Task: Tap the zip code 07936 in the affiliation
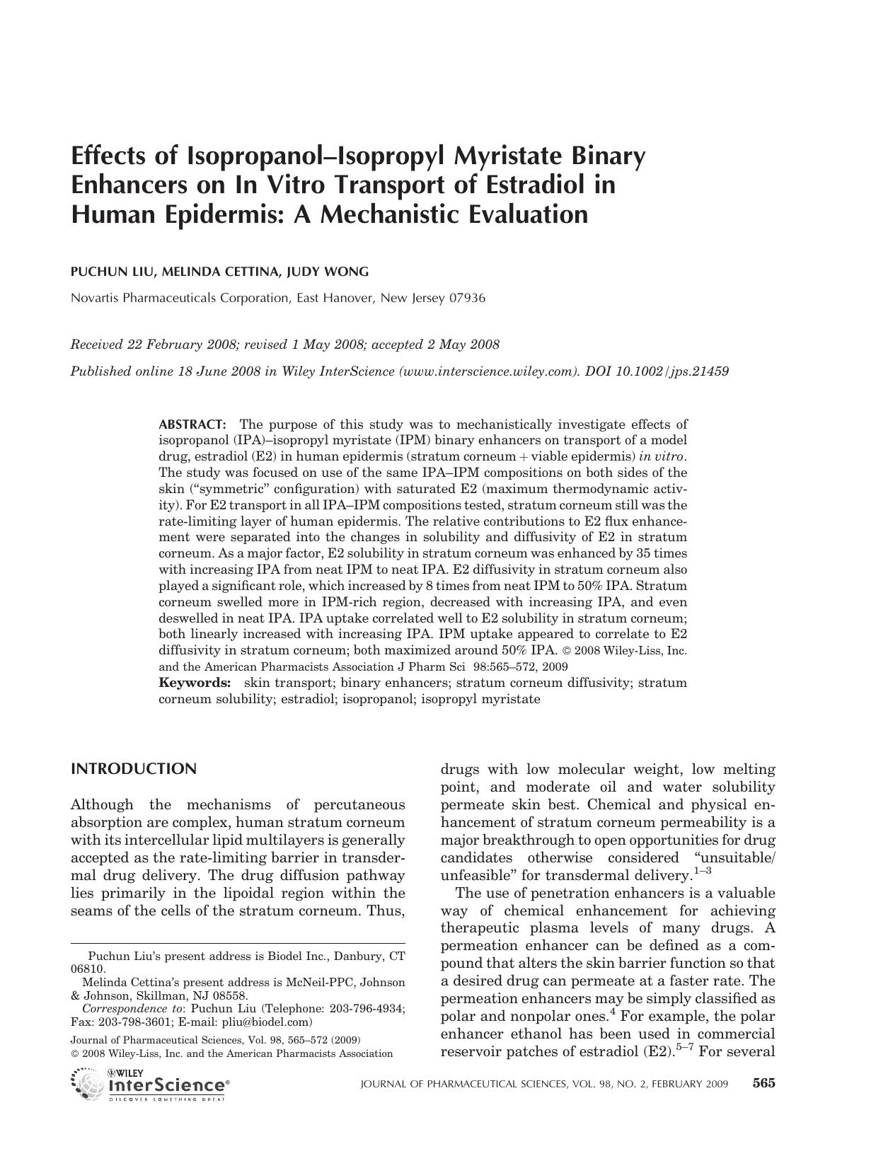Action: [467, 298]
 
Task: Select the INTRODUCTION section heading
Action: [134, 769]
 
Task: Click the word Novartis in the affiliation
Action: [96, 298]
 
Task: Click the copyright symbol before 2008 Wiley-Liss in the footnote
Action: [74, 1053]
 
